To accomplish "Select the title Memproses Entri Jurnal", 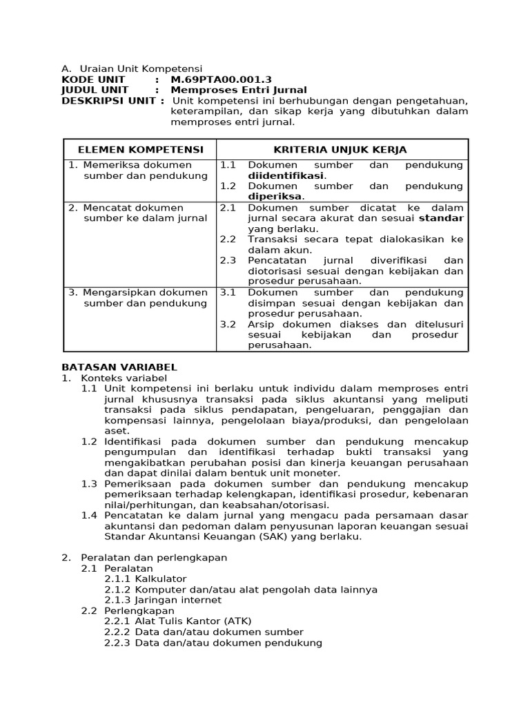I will pyautogui.click(x=238, y=90).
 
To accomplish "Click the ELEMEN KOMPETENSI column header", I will pyautogui.click(x=140, y=149).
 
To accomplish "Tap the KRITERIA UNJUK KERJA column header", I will pyautogui.click(x=340, y=149).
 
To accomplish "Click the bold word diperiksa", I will pyautogui.click(x=275, y=196).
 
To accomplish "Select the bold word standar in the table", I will pyautogui.click(x=442, y=218).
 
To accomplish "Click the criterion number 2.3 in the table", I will pyautogui.click(x=228, y=260).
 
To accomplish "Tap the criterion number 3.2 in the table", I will pyautogui.click(x=228, y=324).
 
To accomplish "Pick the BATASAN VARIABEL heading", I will pyautogui.click(x=119, y=367).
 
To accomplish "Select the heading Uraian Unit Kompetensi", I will pyautogui.click(x=141, y=68).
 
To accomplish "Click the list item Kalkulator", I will pyautogui.click(x=161, y=579).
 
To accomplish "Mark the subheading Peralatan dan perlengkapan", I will pyautogui.click(x=154, y=557).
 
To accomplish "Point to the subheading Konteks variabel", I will pyautogui.click(x=124, y=378).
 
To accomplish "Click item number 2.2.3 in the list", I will pyautogui.click(x=117, y=643).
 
